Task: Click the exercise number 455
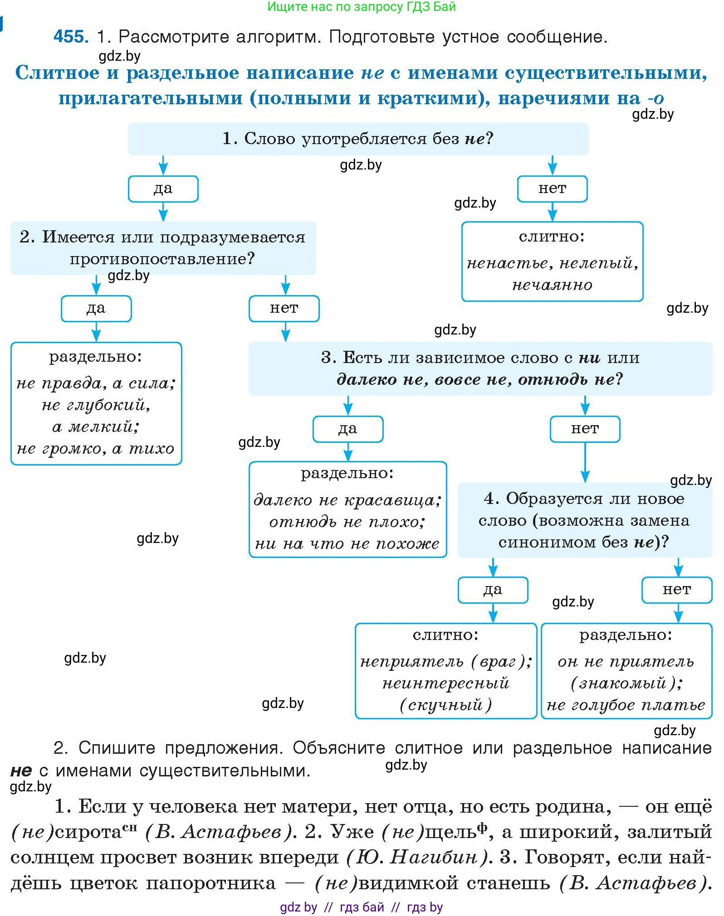(x=71, y=36)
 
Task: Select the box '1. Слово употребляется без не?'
(x=358, y=139)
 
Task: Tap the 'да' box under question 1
(x=163, y=189)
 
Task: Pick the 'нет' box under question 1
(x=552, y=189)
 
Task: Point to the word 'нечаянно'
(x=552, y=285)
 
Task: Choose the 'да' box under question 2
(x=96, y=309)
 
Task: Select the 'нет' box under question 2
(x=284, y=309)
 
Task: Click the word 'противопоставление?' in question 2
(x=162, y=259)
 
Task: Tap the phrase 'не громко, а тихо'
(x=96, y=449)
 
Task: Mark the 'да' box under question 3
(x=348, y=429)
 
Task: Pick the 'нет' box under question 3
(x=585, y=429)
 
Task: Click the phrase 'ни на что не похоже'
(x=347, y=543)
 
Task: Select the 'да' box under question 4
(x=493, y=590)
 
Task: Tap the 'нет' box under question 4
(x=677, y=590)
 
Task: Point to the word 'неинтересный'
(x=446, y=683)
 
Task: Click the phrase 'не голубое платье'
(x=626, y=705)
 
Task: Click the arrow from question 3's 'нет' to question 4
(x=585, y=462)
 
